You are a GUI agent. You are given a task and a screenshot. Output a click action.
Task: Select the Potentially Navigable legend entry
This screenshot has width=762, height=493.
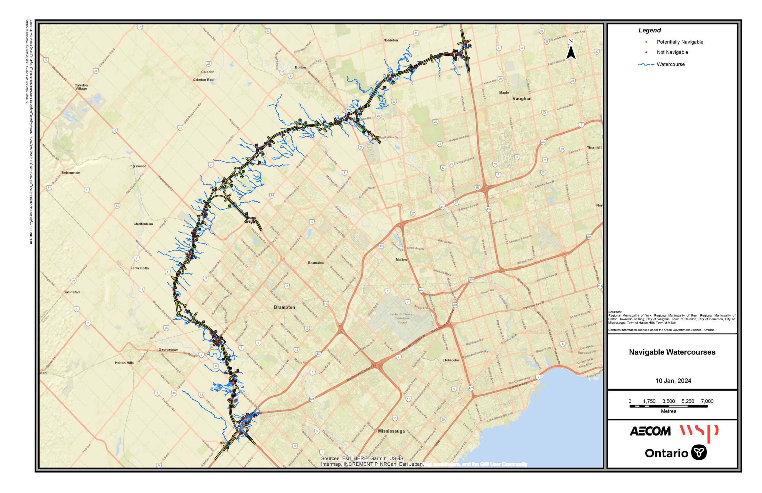pos(680,42)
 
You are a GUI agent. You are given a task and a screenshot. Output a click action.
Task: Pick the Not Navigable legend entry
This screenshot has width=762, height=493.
pos(672,52)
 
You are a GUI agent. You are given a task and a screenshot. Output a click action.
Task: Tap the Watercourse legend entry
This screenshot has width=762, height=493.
pos(670,64)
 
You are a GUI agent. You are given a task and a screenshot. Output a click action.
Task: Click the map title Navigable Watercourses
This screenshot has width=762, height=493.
pos(672,352)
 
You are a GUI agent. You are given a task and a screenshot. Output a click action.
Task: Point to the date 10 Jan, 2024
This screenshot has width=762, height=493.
pos(673,381)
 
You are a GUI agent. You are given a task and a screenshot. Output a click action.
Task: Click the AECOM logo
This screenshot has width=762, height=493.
pos(650,431)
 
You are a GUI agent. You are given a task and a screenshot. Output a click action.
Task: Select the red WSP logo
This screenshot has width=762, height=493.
pos(699,432)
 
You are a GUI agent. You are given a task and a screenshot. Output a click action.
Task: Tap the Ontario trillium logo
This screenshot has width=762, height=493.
pos(699,453)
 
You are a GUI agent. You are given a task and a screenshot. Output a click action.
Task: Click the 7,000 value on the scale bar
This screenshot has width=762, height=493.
pos(707,401)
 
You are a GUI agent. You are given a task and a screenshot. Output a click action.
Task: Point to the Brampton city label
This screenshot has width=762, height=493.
pos(284,307)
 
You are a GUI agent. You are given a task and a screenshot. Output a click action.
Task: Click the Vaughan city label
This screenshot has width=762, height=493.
pos(522,99)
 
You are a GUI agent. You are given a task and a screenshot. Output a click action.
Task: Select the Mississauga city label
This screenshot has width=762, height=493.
pos(391,431)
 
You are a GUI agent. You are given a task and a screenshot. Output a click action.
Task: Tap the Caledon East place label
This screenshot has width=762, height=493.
pos(204,80)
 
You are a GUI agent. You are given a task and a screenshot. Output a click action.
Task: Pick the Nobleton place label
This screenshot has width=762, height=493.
pos(391,40)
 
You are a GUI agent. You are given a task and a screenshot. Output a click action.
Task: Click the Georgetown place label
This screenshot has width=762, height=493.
pos(168,350)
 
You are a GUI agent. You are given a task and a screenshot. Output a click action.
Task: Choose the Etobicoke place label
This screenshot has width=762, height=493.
pos(451,360)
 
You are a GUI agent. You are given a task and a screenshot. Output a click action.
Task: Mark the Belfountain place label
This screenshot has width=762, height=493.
pos(71,173)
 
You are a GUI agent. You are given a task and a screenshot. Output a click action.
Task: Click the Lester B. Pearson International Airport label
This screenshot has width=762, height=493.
pos(402,318)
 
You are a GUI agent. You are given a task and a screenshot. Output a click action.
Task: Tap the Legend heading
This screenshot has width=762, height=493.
pos(649,30)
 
